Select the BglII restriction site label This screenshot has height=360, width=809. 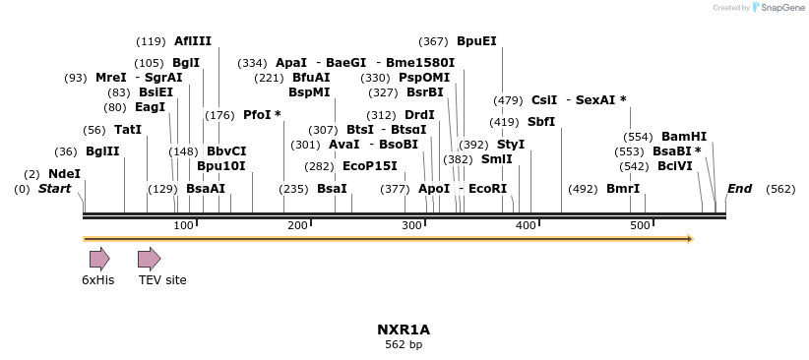click(x=102, y=151)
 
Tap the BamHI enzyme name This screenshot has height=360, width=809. click(x=684, y=137)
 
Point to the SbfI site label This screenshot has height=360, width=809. click(x=541, y=122)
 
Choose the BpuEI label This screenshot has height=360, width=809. click(x=476, y=41)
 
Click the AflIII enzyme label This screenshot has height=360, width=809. click(x=193, y=41)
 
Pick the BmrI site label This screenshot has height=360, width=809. click(x=622, y=188)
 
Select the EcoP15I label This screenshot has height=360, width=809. click(x=370, y=166)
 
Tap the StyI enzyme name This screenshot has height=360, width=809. click(x=511, y=145)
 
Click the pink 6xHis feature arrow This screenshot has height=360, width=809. click(x=99, y=259)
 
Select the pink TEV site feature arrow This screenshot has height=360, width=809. click(x=149, y=259)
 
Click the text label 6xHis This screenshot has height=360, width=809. click(x=98, y=280)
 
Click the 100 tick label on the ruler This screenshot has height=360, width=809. click(x=183, y=226)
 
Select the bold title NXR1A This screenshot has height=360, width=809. click(x=404, y=330)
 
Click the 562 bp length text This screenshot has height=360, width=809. click(x=404, y=345)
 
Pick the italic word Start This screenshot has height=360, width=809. click(x=55, y=188)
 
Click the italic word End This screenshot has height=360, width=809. click(x=739, y=188)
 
